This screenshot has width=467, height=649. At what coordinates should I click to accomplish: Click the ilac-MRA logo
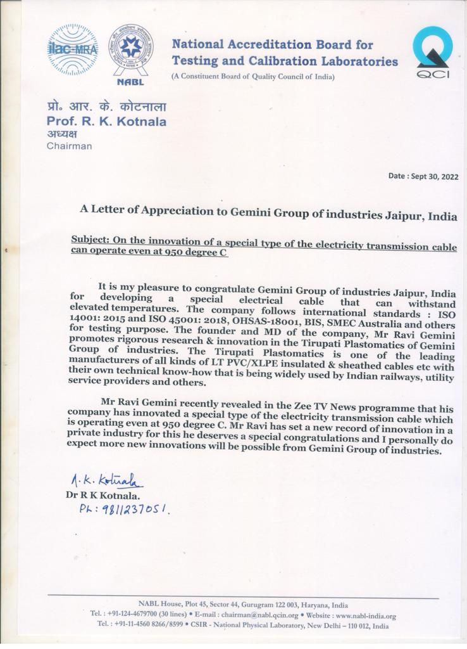(72, 49)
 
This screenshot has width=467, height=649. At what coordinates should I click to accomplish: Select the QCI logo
(432, 53)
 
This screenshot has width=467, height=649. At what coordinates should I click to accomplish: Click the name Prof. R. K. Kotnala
(106, 121)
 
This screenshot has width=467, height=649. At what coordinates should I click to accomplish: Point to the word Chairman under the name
(69, 146)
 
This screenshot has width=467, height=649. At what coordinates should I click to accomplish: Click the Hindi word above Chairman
(61, 134)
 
